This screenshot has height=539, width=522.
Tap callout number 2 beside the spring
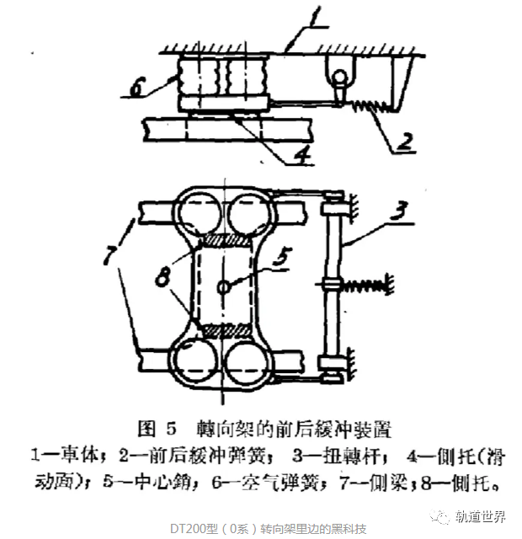click(406, 141)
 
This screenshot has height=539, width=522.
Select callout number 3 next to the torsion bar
click(399, 210)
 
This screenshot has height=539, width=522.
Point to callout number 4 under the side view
click(301, 154)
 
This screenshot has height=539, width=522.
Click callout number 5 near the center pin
click(283, 257)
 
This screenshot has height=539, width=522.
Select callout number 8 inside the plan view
click(162, 276)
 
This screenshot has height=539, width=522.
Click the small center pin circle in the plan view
click(223, 286)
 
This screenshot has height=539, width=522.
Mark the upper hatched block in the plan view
click(225, 240)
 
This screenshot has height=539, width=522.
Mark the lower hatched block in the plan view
click(225, 331)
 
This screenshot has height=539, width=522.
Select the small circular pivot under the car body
click(340, 76)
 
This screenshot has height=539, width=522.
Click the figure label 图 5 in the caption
click(157, 429)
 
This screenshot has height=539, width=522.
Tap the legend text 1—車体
click(67, 456)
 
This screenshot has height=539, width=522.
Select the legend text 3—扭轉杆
click(337, 456)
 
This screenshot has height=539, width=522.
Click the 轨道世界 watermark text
click(480, 516)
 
